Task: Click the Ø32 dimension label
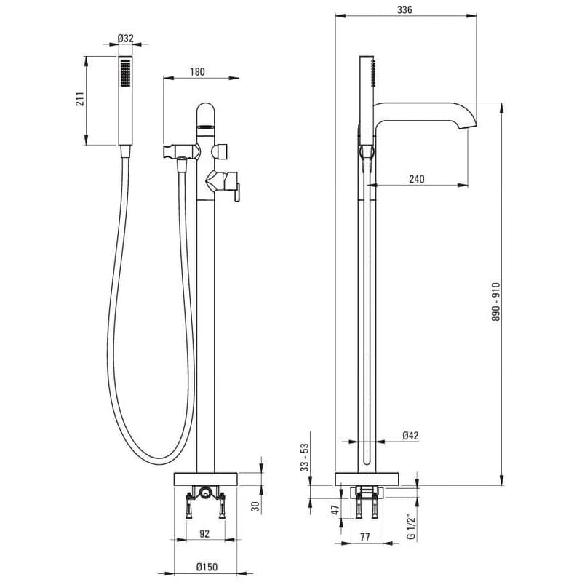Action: pyautogui.click(x=125, y=39)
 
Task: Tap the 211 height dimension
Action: pyautogui.click(x=80, y=99)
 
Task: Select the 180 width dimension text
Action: pyautogui.click(x=197, y=71)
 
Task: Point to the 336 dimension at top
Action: pyautogui.click(x=404, y=9)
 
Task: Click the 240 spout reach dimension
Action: pyautogui.click(x=417, y=179)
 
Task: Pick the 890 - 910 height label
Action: pyautogui.click(x=496, y=302)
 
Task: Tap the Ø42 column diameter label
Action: pyautogui.click(x=410, y=435)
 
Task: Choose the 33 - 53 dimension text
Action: pyautogui.click(x=305, y=458)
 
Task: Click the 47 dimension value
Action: pyautogui.click(x=335, y=510)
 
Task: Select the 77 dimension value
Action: pyautogui.click(x=365, y=537)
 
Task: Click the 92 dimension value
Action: pyautogui.click(x=204, y=533)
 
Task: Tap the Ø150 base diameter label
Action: pyautogui.click(x=207, y=567)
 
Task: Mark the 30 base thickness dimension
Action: pyautogui.click(x=255, y=506)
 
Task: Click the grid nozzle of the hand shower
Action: pyautogui.click(x=125, y=73)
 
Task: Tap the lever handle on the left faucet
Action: pyautogui.click(x=237, y=192)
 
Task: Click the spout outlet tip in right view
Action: pyautogui.click(x=468, y=126)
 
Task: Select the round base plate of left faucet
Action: pyautogui.click(x=205, y=479)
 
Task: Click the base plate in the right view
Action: pyautogui.click(x=367, y=479)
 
